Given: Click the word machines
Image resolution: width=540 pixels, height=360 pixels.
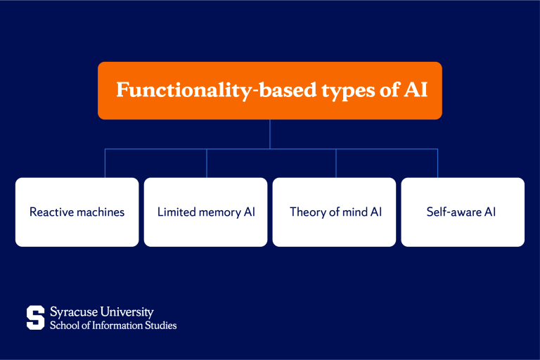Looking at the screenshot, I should (100, 212).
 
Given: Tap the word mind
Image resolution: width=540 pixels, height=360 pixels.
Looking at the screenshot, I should (354, 212).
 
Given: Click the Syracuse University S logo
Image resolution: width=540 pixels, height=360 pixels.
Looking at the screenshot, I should (35, 317).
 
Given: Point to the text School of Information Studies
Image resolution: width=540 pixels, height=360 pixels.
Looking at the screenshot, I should (112, 326).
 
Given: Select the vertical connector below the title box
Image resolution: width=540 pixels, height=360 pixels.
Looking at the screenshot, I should (270, 134).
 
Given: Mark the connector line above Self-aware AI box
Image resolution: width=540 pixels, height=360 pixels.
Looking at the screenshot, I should (437, 163).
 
